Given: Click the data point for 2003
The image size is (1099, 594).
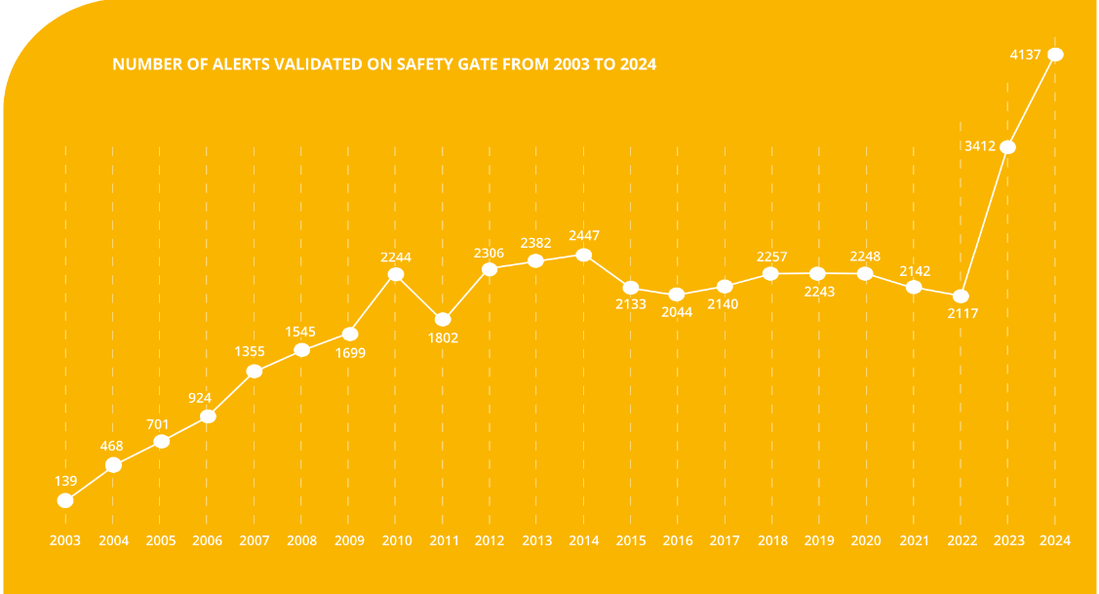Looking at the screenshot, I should (x=65, y=500).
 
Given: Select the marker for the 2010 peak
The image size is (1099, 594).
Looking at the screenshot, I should (x=396, y=274).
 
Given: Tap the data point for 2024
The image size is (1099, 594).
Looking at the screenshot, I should (x=1055, y=55).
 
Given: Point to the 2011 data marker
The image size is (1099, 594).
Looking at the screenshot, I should (x=443, y=319).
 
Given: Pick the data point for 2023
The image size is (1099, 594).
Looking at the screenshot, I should (x=1008, y=147).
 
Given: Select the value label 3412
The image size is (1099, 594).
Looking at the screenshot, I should (x=979, y=147).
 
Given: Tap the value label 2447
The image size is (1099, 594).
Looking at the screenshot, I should (x=584, y=235).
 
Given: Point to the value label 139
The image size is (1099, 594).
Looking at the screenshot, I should (x=65, y=481).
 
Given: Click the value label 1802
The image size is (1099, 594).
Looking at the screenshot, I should (x=443, y=338).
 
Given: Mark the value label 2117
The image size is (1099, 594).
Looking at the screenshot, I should (x=962, y=314).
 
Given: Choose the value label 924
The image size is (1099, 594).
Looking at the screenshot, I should (x=207, y=397).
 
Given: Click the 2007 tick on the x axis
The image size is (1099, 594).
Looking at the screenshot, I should (x=255, y=540).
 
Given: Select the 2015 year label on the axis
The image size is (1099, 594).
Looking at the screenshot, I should (x=631, y=540).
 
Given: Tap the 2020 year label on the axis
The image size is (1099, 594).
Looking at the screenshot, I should (x=867, y=540).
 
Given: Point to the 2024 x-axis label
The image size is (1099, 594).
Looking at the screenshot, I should (x=1055, y=540).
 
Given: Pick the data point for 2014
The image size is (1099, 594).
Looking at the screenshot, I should (x=584, y=255).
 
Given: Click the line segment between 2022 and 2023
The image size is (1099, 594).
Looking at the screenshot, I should (x=985, y=221).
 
